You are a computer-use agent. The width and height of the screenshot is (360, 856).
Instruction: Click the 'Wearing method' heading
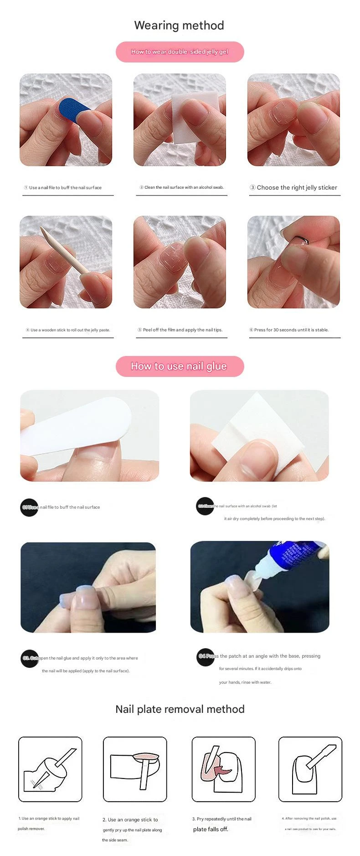pos(179,26)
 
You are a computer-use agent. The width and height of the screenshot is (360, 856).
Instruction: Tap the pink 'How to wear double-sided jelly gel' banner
pos(180,52)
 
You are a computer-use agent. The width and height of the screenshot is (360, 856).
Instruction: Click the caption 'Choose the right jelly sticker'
pos(297,187)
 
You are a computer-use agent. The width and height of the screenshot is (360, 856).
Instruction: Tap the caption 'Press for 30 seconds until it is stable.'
pos(291,330)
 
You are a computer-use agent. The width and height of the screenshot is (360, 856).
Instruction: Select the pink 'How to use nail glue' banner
pos(180,366)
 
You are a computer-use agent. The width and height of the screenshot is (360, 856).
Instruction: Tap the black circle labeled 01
pos(29,507)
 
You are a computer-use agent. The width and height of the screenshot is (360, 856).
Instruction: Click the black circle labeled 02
pos(205,506)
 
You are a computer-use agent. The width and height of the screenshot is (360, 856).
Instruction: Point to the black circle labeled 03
pos(30,658)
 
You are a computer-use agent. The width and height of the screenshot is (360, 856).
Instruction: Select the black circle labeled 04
pos(206,656)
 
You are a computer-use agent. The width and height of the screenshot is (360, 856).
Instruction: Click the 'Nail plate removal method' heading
pos(180,709)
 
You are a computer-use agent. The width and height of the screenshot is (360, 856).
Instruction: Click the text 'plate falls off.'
pos(211,829)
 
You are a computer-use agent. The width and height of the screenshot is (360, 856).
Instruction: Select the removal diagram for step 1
pos(50,769)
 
